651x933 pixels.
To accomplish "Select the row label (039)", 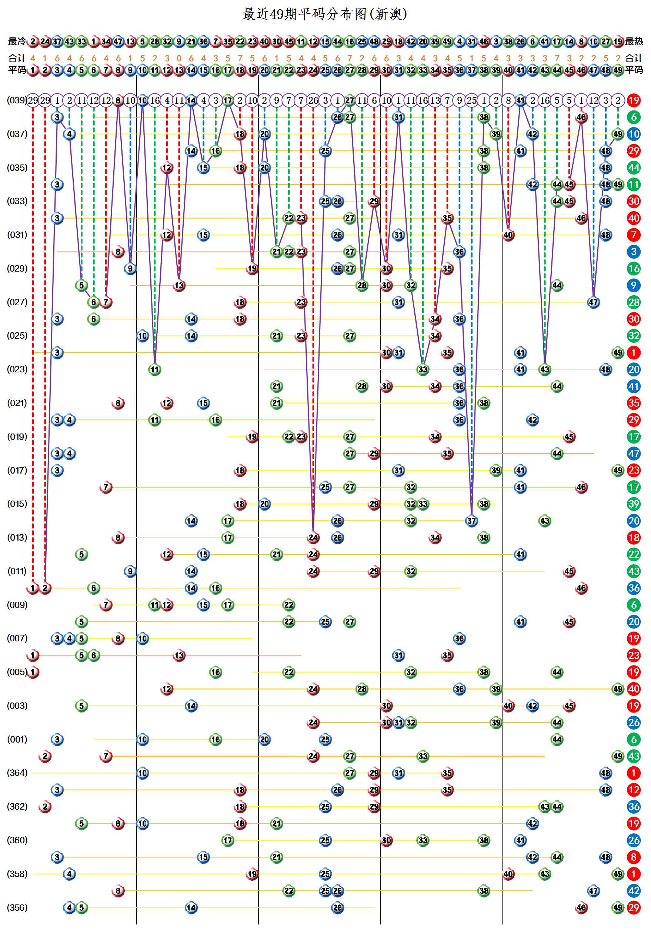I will (17, 100).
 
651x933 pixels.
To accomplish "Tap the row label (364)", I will (17, 773).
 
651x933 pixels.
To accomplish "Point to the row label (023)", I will (17, 369).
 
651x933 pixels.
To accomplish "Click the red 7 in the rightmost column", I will (634, 235).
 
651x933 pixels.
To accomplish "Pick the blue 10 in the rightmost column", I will (634, 134).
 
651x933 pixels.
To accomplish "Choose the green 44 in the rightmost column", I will (634, 167).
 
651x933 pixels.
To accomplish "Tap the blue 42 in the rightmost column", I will (634, 891).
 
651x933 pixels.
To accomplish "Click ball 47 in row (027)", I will (593, 302).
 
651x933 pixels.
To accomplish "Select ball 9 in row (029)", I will (130, 269).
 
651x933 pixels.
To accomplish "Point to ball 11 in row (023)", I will (154, 369).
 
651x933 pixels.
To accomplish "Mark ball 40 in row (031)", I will (508, 235).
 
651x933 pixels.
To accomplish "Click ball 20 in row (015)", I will (264, 504).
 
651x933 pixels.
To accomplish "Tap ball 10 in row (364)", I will (142, 773).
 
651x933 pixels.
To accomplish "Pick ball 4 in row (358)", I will (70, 874).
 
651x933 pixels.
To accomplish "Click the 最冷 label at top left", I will (17, 41).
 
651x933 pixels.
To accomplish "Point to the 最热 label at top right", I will (634, 41).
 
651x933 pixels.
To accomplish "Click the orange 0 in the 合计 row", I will (179, 59).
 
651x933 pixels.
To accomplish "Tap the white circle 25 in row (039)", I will (471, 100).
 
